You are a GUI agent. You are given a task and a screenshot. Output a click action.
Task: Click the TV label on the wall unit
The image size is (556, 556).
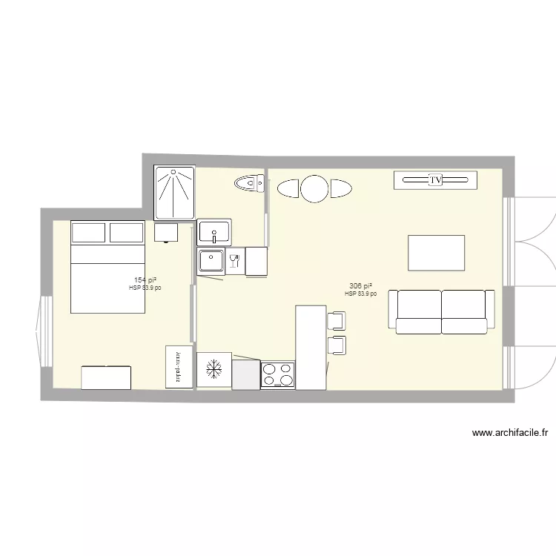coord(435,179)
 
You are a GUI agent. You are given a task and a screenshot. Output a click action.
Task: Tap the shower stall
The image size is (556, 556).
coord(174,193)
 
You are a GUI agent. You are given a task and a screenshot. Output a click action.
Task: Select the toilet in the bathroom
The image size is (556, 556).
coord(249,182)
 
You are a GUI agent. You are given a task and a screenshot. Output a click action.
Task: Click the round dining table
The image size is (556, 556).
coord(314,189)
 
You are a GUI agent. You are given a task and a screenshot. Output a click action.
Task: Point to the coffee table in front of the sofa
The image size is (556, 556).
coord(437,253)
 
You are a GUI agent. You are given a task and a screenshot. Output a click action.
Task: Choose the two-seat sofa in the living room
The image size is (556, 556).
coord(442,311)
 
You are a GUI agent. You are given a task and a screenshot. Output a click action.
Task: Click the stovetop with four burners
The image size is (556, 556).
coord(277,375)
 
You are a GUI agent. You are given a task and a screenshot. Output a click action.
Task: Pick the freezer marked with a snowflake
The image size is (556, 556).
coord(214,369)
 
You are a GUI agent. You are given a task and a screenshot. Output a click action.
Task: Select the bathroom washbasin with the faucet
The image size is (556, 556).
coord(215,232)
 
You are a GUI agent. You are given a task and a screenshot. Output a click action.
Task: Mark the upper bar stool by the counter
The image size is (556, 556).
coord(336,320)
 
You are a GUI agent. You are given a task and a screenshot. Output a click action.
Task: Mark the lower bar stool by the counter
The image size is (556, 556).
coord(337,345)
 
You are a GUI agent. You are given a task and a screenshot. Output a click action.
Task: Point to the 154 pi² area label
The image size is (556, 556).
coord(145,280)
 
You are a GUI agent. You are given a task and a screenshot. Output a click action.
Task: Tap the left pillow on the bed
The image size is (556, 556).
coord(88,232)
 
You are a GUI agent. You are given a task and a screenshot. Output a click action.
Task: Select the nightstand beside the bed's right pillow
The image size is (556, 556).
coord(166,232)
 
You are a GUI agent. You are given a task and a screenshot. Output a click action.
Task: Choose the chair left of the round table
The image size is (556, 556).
coord(288,189)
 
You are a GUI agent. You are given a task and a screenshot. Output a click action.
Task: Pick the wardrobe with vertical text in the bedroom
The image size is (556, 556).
coord(179,367)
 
